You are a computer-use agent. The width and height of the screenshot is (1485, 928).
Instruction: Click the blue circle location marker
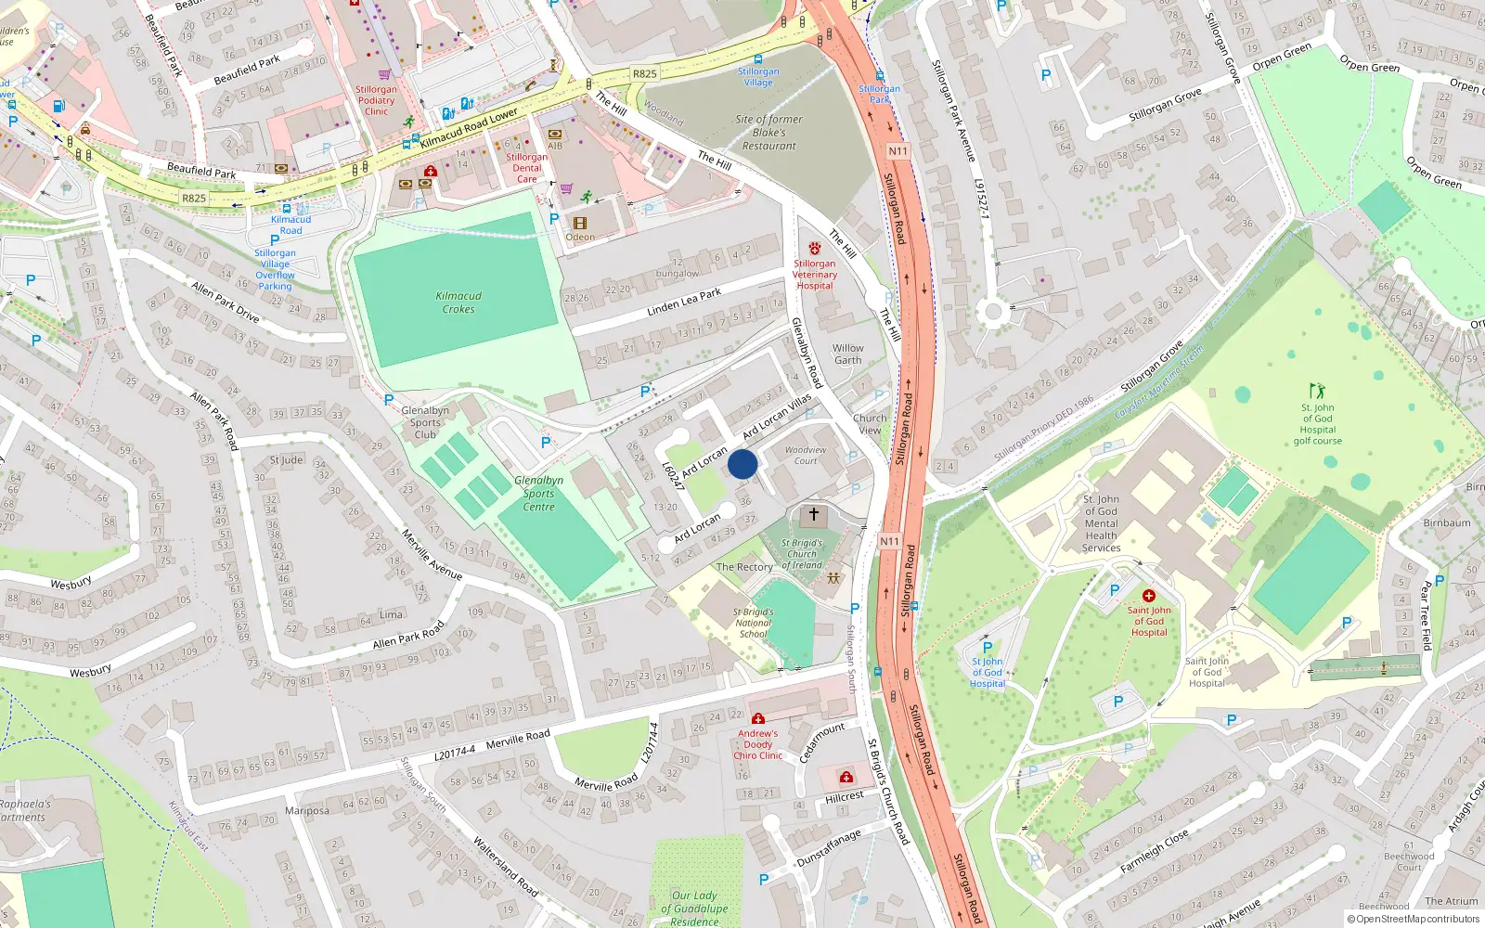pyautogui.click(x=742, y=464)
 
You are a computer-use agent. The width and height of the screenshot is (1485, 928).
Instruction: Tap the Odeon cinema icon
pyautogui.click(x=580, y=224)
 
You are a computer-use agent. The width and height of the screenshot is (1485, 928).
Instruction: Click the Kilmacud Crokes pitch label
pyautogui.click(x=458, y=303)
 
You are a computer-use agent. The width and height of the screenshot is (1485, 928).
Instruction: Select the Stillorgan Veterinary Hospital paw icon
pyautogui.click(x=815, y=249)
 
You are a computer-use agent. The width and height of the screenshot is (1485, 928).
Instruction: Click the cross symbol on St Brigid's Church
pyautogui.click(x=814, y=514)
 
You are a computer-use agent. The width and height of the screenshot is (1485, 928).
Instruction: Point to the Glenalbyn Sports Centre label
pyautogui.click(x=538, y=494)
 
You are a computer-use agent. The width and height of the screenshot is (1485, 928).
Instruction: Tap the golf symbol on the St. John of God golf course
pyautogui.click(x=1317, y=391)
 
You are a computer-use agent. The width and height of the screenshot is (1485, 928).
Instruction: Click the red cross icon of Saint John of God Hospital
pyautogui.click(x=1149, y=596)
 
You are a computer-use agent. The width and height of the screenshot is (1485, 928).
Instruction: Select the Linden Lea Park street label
pyautogui.click(x=684, y=303)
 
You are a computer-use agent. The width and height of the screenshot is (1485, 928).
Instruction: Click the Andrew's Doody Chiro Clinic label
pyautogui.click(x=758, y=744)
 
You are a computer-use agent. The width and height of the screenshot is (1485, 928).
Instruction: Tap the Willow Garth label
pyautogui.click(x=847, y=354)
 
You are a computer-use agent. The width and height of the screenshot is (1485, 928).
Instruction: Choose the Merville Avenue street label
pyautogui.click(x=432, y=554)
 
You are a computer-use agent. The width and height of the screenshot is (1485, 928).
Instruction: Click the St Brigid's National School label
pyautogui.click(x=753, y=623)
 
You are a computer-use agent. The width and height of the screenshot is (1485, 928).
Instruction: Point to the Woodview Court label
pyautogui.click(x=805, y=455)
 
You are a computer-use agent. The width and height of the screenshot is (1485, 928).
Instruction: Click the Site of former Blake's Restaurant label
pyautogui.click(x=768, y=133)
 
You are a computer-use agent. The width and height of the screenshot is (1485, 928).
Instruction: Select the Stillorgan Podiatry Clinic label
pyautogui.click(x=376, y=100)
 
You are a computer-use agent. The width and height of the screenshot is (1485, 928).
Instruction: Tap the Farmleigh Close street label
pyautogui.click(x=1154, y=851)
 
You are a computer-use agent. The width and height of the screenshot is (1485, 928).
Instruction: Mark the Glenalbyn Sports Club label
pyautogui.click(x=425, y=422)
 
